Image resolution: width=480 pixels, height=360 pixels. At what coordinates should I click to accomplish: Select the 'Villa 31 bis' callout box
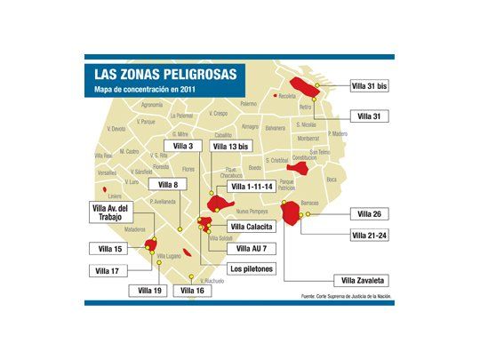370,86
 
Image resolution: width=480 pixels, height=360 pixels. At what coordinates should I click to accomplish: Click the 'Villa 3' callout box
183,145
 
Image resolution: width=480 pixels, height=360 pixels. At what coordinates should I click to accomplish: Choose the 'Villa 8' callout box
168,184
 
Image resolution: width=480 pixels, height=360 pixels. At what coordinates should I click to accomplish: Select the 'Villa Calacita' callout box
253,227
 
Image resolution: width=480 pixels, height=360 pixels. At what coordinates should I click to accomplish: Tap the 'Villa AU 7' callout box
252,248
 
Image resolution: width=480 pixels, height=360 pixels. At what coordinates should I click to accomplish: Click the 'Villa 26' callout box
370,213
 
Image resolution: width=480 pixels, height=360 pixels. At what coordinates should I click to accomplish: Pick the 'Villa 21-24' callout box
370,235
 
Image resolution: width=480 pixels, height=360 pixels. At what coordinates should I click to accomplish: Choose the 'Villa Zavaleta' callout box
364,279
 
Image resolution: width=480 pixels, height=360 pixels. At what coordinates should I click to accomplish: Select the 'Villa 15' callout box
109,248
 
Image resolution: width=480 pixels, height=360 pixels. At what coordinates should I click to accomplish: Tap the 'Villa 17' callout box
109,269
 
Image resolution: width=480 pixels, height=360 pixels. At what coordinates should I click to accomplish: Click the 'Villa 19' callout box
150,290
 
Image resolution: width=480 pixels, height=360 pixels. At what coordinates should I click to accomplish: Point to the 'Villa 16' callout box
193,290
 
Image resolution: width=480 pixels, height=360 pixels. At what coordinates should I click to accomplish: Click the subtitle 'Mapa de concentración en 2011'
142,90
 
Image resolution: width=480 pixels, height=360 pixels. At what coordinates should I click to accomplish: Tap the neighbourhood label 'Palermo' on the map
246,104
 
